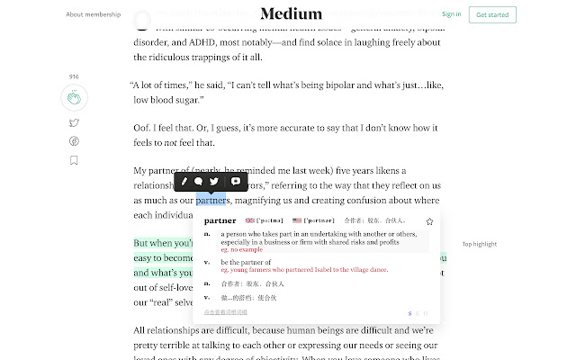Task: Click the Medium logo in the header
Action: click(x=291, y=13)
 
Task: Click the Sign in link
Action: click(x=452, y=14)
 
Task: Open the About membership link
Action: click(x=93, y=14)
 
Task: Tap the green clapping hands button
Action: click(x=74, y=97)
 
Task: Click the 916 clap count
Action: click(x=74, y=77)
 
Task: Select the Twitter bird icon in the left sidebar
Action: click(x=74, y=123)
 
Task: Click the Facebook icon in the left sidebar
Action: click(x=74, y=141)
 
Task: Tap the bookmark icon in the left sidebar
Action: click(x=74, y=160)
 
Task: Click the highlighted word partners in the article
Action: click(x=210, y=200)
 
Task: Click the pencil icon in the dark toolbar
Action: click(x=185, y=182)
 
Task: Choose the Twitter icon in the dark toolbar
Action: click(x=214, y=182)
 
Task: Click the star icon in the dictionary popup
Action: click(x=429, y=221)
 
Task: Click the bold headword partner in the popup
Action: click(x=220, y=220)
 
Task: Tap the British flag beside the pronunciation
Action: click(x=249, y=220)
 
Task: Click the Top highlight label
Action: click(x=480, y=244)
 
